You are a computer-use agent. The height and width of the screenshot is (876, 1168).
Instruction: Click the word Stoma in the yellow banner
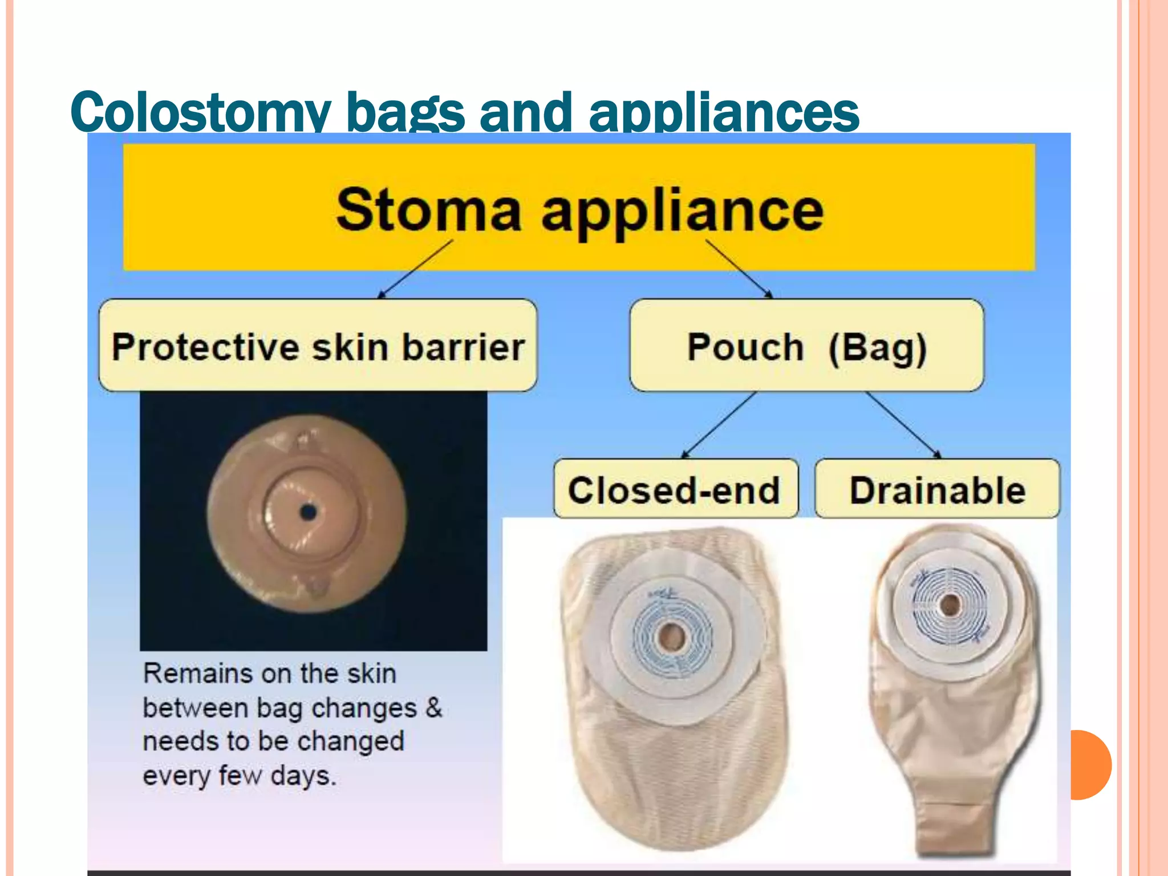coord(428,210)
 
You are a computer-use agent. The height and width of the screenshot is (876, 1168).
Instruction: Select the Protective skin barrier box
coord(318,346)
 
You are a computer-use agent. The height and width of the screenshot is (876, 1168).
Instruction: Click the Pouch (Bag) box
coord(806,346)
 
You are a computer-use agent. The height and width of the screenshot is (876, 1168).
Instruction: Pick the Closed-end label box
coord(675,489)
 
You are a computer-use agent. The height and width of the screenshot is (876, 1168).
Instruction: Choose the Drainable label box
coord(937,489)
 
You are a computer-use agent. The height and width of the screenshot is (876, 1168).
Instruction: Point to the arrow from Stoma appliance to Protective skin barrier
coord(415,269)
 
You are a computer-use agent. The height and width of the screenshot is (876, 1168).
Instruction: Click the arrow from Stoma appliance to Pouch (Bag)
coord(739,269)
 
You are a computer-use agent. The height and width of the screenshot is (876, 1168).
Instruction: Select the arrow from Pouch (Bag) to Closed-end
coord(720,424)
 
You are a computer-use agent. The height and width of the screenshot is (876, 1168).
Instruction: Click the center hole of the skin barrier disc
coord(308,512)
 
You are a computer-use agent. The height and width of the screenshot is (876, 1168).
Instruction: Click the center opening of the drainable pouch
coord(950,605)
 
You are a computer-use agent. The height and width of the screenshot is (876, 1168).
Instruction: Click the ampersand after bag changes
coord(433,708)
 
